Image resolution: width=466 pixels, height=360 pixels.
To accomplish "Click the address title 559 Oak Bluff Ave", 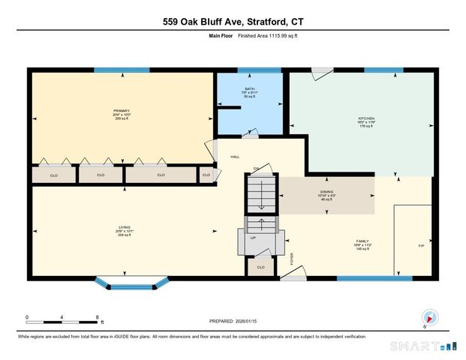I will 233,22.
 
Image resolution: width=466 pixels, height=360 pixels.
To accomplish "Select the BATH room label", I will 249,88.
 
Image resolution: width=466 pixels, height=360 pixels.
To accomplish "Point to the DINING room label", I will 327,193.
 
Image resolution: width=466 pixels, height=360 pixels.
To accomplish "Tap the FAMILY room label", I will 363,241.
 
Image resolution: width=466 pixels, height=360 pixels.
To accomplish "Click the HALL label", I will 234,157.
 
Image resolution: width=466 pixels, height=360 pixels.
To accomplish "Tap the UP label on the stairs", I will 253,237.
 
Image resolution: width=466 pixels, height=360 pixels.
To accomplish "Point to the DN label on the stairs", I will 255,168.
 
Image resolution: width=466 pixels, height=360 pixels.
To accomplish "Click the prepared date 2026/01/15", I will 233,321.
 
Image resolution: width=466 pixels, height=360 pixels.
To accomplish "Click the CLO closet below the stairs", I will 260,266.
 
